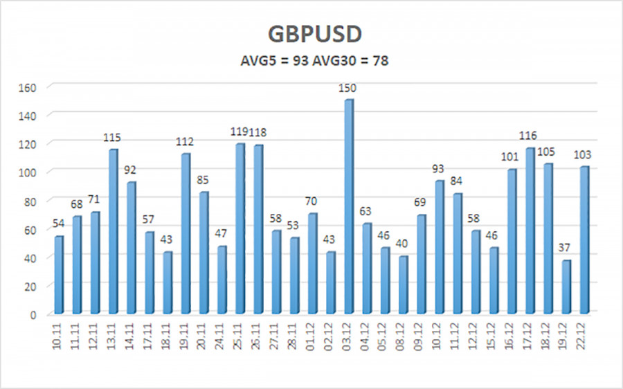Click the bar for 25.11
pos(240,228)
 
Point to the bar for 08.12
pos(404,284)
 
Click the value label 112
pos(185,142)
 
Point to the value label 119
pos(240,132)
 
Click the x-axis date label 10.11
pos(59,339)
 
